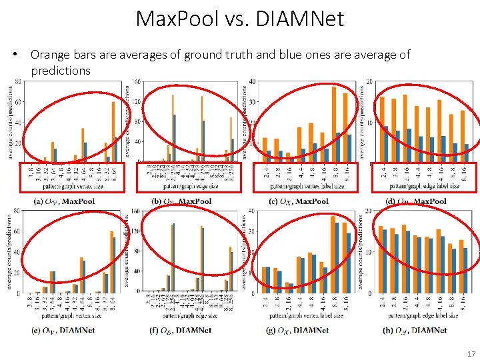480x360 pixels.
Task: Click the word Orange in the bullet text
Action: click(x=49, y=55)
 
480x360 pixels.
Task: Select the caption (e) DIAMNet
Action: click(x=63, y=330)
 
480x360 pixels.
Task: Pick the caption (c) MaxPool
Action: click(x=299, y=201)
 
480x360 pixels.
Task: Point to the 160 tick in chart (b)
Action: click(x=137, y=82)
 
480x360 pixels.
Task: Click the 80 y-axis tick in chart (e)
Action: click(x=16, y=211)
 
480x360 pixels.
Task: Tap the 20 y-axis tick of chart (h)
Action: click(x=369, y=211)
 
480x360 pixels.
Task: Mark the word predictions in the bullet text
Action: click(x=60, y=70)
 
